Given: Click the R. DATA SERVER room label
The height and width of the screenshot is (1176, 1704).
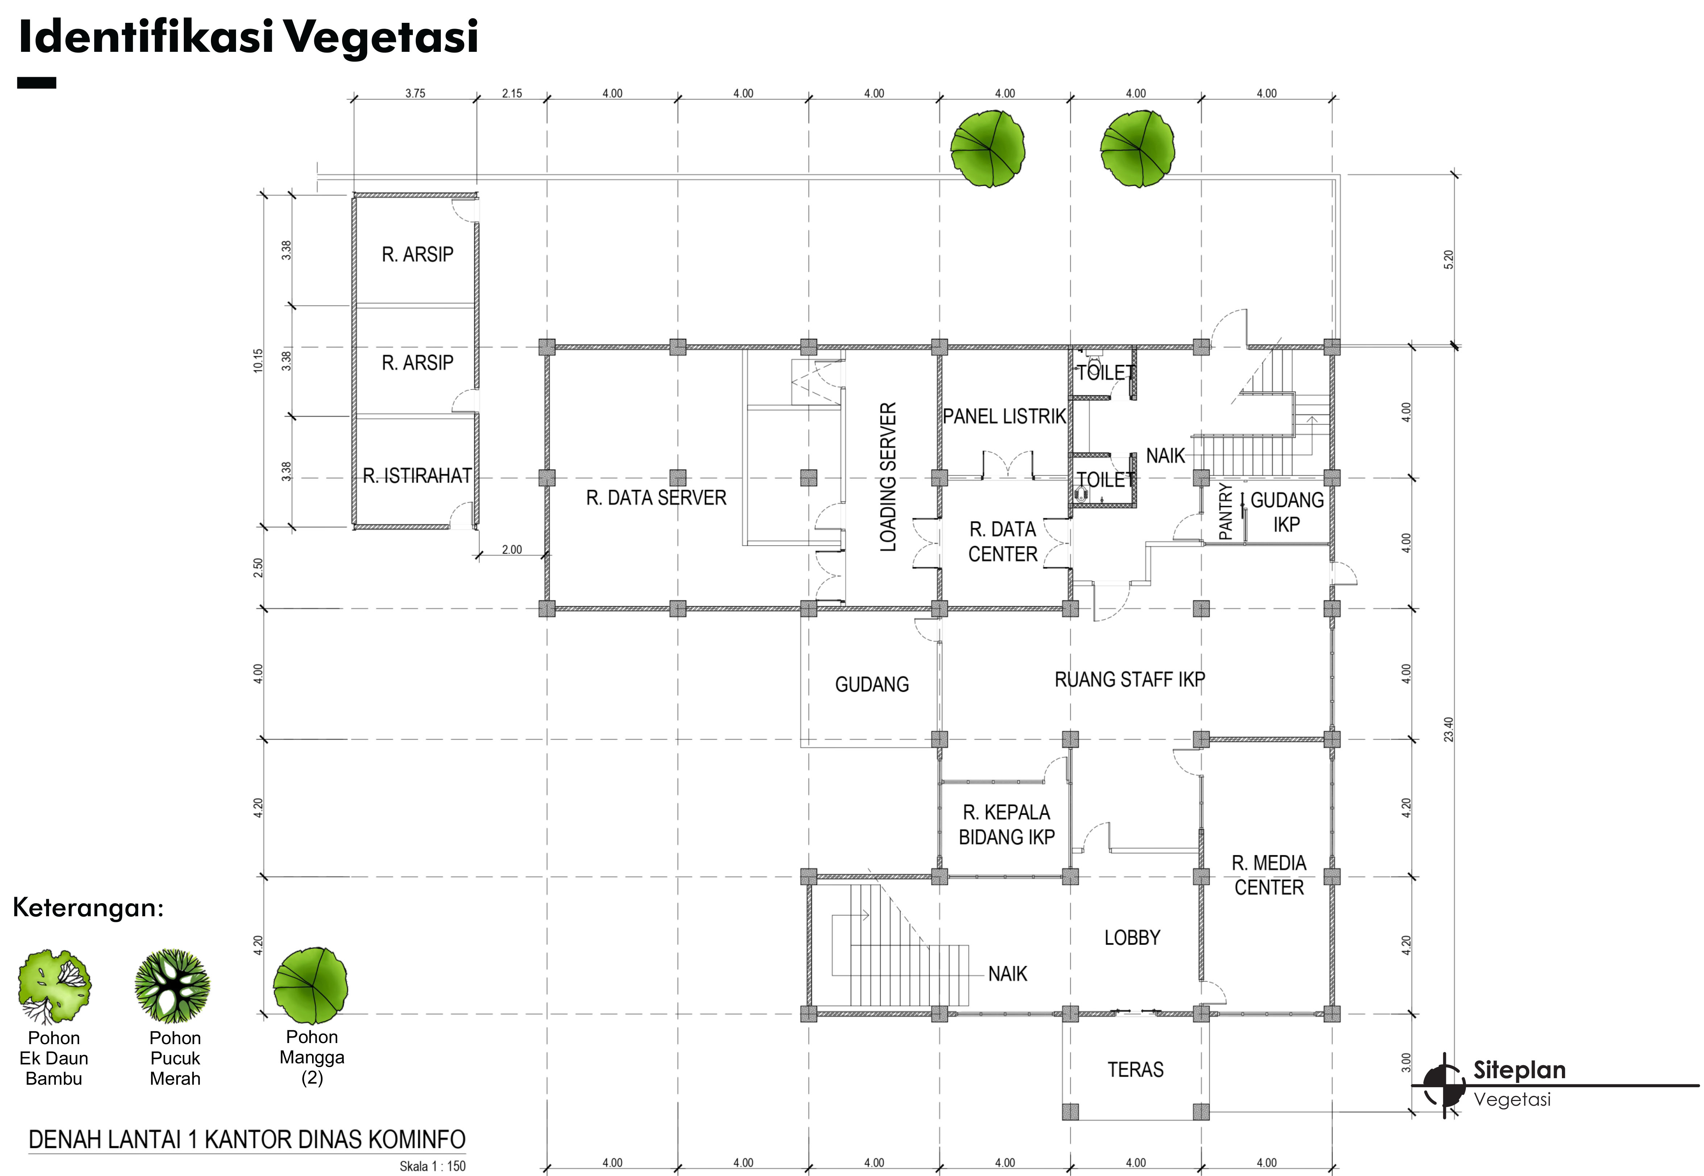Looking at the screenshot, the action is pos(656,498).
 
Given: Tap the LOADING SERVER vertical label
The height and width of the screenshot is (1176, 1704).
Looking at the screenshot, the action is pos(888,477).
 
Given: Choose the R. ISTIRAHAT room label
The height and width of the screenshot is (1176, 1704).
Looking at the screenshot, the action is pos(417,476).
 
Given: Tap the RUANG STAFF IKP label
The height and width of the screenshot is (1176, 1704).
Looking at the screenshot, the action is pos(1130,679).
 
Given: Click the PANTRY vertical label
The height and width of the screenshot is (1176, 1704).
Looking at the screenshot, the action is pos(1226,511).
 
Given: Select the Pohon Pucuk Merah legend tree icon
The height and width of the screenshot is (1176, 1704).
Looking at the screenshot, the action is pos(173,986).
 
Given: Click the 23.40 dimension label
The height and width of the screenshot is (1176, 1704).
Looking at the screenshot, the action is pos(1449,729).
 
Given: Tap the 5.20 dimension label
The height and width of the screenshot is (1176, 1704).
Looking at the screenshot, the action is pos(1449,260).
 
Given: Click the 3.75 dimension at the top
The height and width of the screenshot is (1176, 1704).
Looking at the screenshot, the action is pos(415,93).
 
